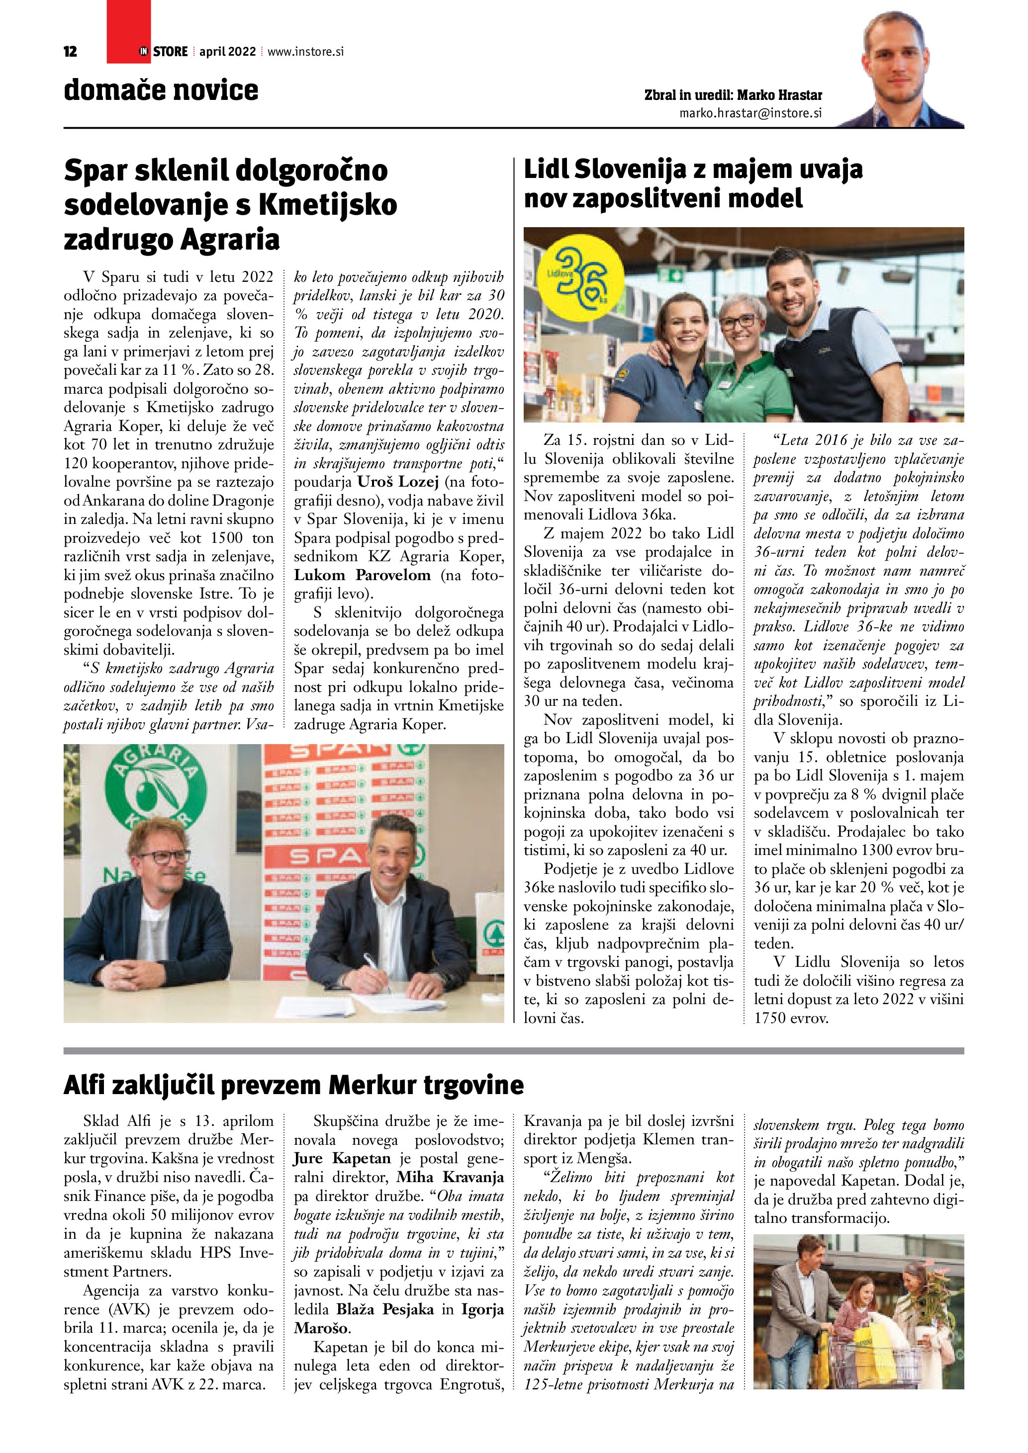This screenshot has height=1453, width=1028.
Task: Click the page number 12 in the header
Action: coord(70,52)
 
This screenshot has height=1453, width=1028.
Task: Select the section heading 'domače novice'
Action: coord(161,90)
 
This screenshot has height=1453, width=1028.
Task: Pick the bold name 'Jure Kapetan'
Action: coord(342,1159)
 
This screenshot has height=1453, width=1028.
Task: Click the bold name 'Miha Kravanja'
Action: coord(450,1177)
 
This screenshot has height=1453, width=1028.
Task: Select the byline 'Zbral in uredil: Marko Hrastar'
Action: coord(733,95)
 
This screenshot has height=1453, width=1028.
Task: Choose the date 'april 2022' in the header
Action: coord(227,52)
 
